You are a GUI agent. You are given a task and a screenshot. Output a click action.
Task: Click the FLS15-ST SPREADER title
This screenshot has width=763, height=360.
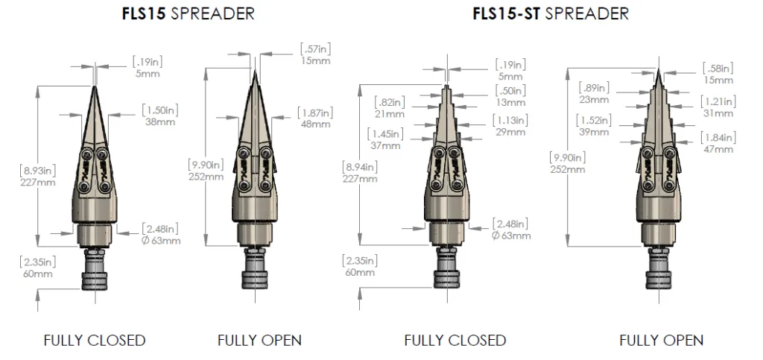(x=551, y=13)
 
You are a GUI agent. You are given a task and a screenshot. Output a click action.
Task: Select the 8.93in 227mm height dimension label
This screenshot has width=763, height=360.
(x=38, y=177)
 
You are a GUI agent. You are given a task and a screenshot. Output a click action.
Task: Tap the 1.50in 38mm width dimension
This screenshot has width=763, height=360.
(x=159, y=116)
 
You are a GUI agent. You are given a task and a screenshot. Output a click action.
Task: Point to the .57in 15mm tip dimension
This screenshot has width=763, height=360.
(x=315, y=54)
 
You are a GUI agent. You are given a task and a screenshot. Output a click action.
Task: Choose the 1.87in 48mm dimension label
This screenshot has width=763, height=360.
(x=315, y=118)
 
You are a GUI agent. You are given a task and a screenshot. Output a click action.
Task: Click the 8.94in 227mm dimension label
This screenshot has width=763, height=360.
(x=360, y=172)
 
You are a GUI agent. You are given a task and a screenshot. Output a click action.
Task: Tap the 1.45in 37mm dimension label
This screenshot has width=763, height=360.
(x=384, y=139)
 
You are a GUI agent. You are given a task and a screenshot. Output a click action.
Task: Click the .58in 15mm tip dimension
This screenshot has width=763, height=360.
(x=718, y=74)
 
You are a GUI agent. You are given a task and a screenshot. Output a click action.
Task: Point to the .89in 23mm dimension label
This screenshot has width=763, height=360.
(x=595, y=92)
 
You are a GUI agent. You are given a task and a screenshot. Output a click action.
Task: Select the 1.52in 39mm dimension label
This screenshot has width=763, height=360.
(x=593, y=124)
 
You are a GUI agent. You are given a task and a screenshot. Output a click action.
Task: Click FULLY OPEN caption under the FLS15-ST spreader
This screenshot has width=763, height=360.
(x=661, y=341)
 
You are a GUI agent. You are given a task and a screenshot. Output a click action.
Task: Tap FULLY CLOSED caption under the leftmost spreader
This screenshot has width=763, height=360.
(x=95, y=341)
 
